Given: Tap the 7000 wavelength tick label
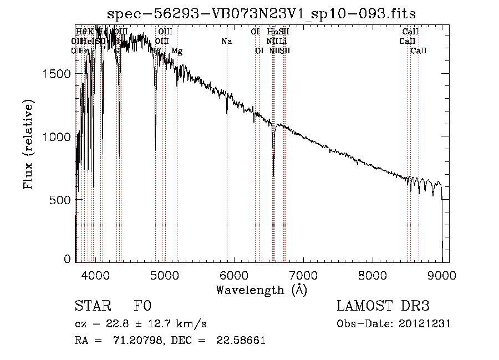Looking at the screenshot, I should coord(303,274).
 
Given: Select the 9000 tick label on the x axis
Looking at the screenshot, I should coord(442,274).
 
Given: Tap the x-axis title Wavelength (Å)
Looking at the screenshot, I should coord(261,289).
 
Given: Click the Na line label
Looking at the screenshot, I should coord(226,42).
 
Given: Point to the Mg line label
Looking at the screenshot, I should coord(177,51).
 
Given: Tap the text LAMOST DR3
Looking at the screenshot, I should coord(383,306).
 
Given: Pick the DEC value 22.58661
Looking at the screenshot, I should coord(241,341).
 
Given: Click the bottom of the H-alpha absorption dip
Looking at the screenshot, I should coord(273,175).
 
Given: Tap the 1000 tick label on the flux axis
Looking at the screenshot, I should coord(57,137).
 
